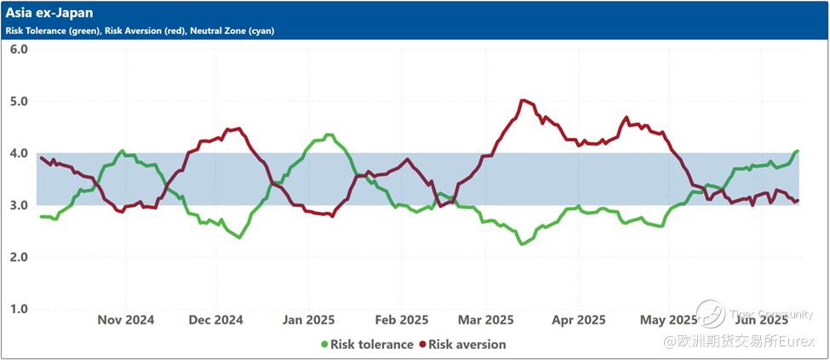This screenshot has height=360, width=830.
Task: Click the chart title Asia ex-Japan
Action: pyautogui.click(x=49, y=13)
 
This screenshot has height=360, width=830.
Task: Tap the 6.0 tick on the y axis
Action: pyautogui.click(x=19, y=49)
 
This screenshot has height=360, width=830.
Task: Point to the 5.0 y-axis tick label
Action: pyautogui.click(x=19, y=101)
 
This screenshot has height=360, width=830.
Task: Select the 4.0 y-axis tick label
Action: pyautogui.click(x=19, y=153)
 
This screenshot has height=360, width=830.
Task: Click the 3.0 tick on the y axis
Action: pyautogui.click(x=19, y=205)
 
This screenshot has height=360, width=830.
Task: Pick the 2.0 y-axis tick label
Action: pyautogui.click(x=19, y=257)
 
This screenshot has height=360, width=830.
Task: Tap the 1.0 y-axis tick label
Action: pyautogui.click(x=19, y=309)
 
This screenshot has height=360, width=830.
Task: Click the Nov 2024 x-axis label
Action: pyautogui.click(x=126, y=320)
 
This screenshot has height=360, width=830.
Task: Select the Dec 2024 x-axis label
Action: pyautogui.click(x=215, y=320)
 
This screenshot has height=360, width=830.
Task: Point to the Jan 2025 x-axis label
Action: pyautogui.click(x=307, y=320)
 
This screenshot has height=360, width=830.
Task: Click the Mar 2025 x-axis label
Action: pyautogui.click(x=485, y=320)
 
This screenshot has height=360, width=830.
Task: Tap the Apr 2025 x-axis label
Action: pyautogui.click(x=578, y=320)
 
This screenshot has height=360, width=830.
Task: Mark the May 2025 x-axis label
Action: pyautogui.click(x=668, y=320)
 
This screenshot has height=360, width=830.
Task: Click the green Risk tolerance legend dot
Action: pyautogui.click(x=323, y=345)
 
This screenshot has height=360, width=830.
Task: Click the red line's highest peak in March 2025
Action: pyautogui.click(x=524, y=100)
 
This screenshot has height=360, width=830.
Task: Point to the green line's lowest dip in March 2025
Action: pyautogui.click(x=522, y=243)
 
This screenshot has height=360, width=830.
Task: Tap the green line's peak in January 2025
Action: pyautogui.click(x=329, y=134)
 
